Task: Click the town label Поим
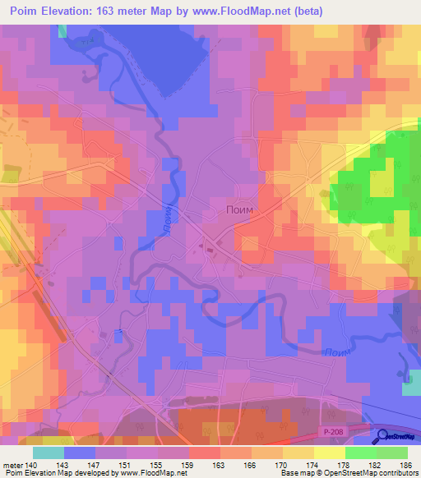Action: (x=240, y=210)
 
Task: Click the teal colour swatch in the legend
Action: (x=49, y=452)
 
